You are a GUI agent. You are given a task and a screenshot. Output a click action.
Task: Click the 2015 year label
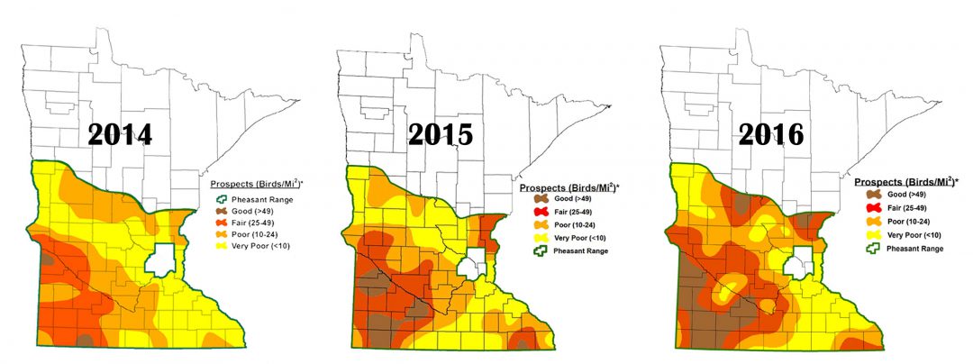441,134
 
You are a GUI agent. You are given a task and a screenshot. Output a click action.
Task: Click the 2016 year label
770,134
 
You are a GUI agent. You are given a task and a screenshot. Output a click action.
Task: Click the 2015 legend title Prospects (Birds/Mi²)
569,187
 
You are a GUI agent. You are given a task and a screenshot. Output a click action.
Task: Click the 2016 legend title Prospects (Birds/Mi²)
905,181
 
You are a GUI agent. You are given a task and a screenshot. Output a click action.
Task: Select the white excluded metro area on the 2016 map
796,267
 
